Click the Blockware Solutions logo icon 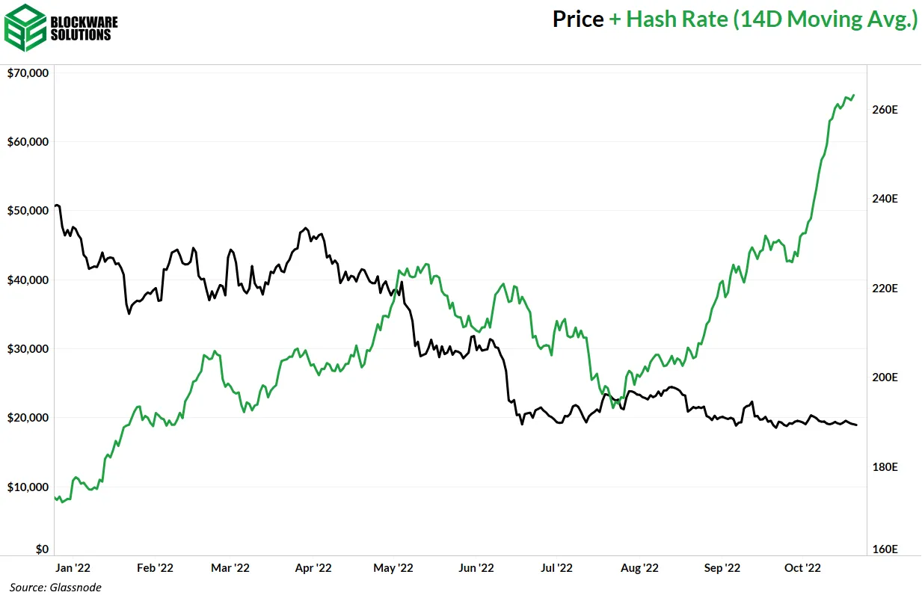pyautogui.click(x=24, y=27)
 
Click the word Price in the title pyautogui.click(x=578, y=20)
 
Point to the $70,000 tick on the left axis pyautogui.click(x=28, y=73)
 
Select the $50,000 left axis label pyautogui.click(x=28, y=211)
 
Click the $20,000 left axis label pyautogui.click(x=28, y=418)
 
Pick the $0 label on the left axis pyautogui.click(x=42, y=549)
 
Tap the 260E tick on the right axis pyautogui.click(x=885, y=110)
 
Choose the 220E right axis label pyautogui.click(x=885, y=289)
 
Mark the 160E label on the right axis pyautogui.click(x=885, y=549)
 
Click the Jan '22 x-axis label pyautogui.click(x=73, y=568)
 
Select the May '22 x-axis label pyautogui.click(x=394, y=568)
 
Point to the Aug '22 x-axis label pyautogui.click(x=639, y=568)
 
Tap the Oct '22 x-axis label pyautogui.click(x=802, y=568)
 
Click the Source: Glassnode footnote pyautogui.click(x=55, y=588)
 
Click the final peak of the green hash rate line pyautogui.click(x=854, y=96)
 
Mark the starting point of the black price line pyautogui.click(x=56, y=206)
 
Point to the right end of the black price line pyautogui.click(x=857, y=425)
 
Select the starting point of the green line pyautogui.click(x=56, y=497)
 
